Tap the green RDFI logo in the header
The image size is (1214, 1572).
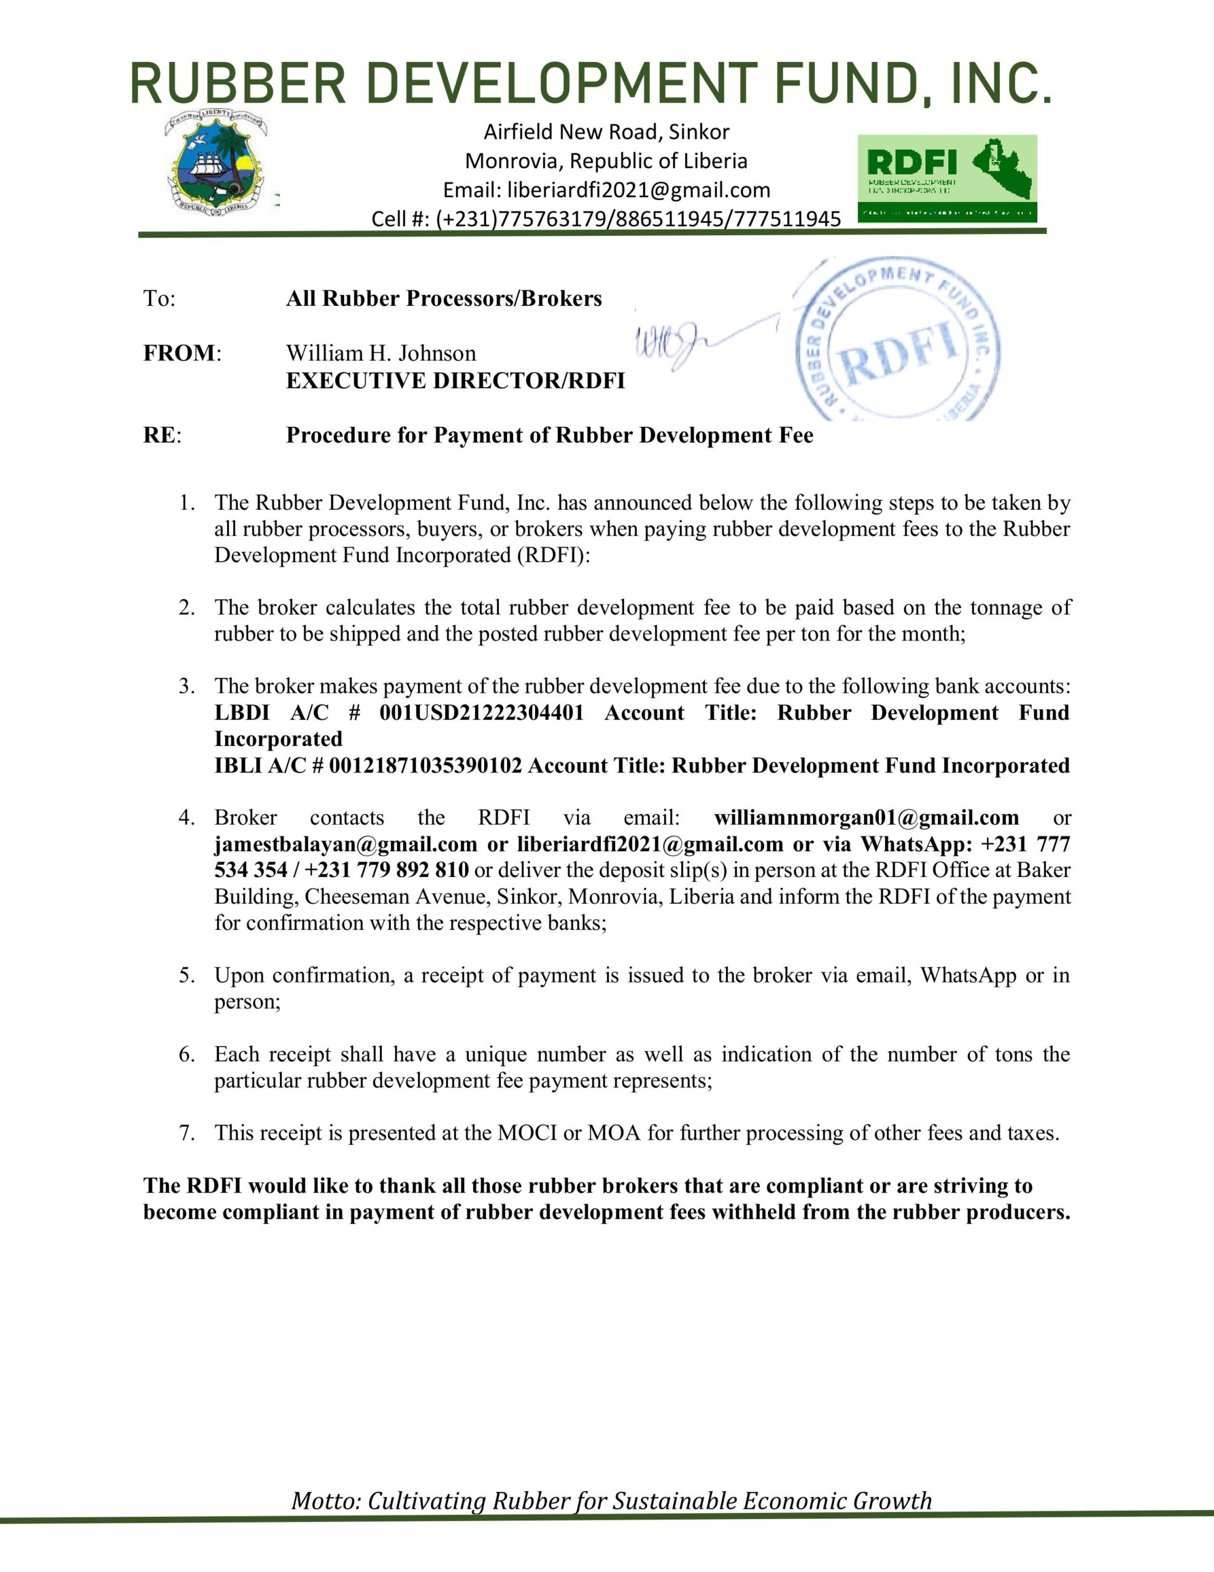947,178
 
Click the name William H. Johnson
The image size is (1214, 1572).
381,354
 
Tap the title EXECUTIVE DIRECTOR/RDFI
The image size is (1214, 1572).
455,381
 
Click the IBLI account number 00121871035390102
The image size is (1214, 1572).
425,765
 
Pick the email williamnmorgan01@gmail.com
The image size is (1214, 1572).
867,818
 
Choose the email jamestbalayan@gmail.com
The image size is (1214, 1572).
346,844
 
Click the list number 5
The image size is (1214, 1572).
187,975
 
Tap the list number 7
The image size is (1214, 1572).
187,1133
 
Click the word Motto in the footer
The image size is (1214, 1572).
325,1501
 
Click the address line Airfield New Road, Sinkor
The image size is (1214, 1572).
606,132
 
